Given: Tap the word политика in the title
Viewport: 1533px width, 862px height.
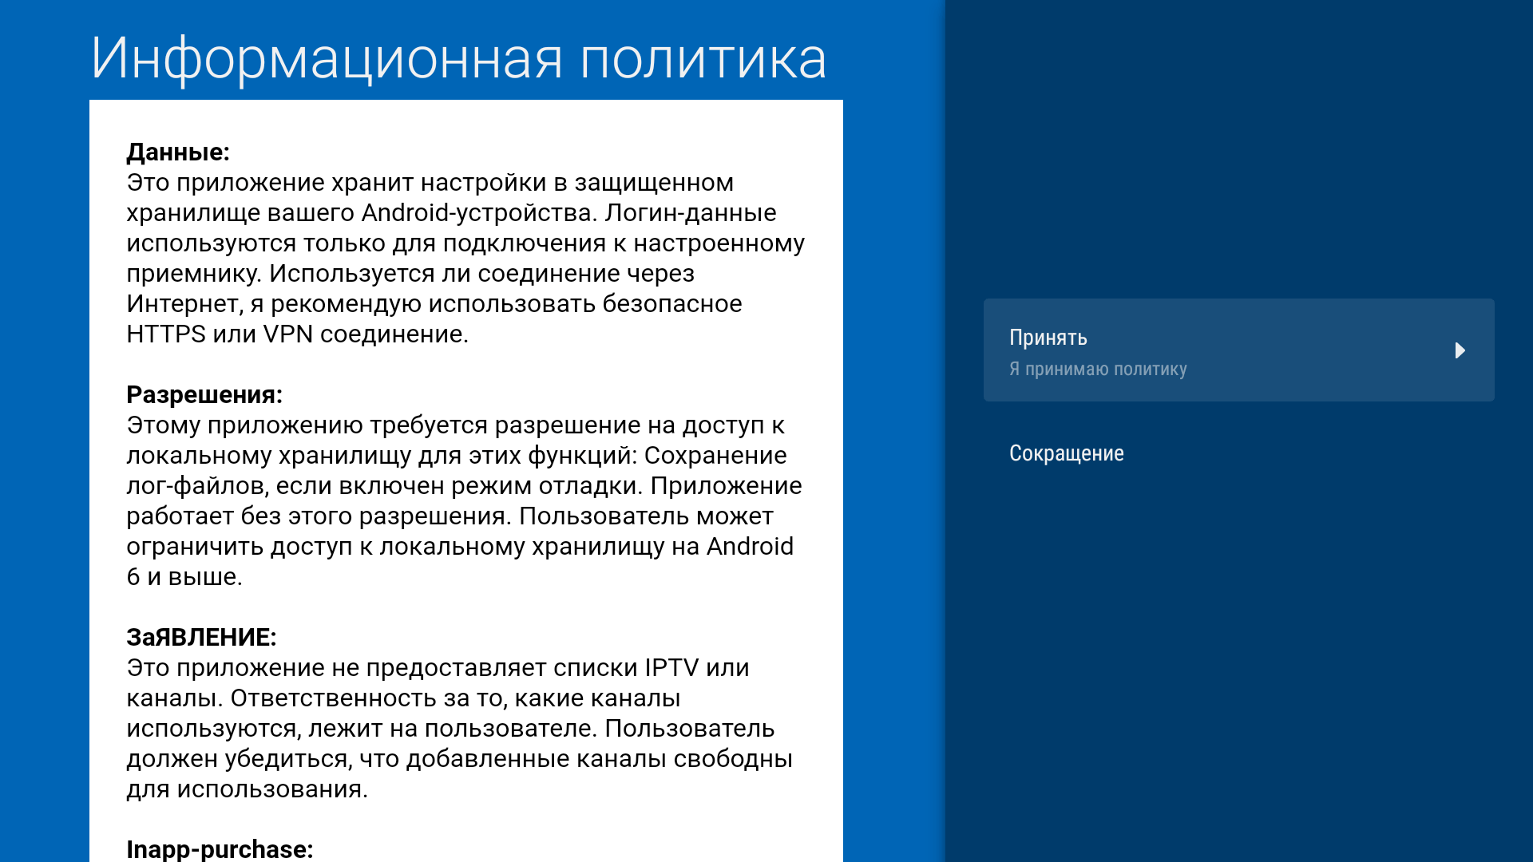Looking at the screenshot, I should point(703,59).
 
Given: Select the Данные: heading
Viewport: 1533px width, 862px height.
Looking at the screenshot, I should point(178,152).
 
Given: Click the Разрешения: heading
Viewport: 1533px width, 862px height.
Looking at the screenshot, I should point(204,394).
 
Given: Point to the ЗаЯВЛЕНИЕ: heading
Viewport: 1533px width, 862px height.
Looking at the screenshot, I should point(201,637).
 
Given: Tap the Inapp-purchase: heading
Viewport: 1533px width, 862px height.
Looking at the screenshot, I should point(220,848).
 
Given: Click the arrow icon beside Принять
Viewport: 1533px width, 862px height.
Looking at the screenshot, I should point(1460,350).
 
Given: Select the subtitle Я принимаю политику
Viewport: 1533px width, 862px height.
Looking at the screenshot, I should point(1098,369).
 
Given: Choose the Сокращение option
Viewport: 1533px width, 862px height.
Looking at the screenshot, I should point(1066,453).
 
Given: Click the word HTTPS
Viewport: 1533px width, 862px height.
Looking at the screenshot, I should point(166,334).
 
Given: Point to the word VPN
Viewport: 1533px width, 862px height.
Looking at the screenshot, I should point(287,334).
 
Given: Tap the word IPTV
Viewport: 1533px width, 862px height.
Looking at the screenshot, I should point(671,667).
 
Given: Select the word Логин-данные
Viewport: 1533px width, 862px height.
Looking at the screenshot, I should point(690,213).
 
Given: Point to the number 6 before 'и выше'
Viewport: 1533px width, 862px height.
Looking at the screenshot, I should point(133,577).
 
